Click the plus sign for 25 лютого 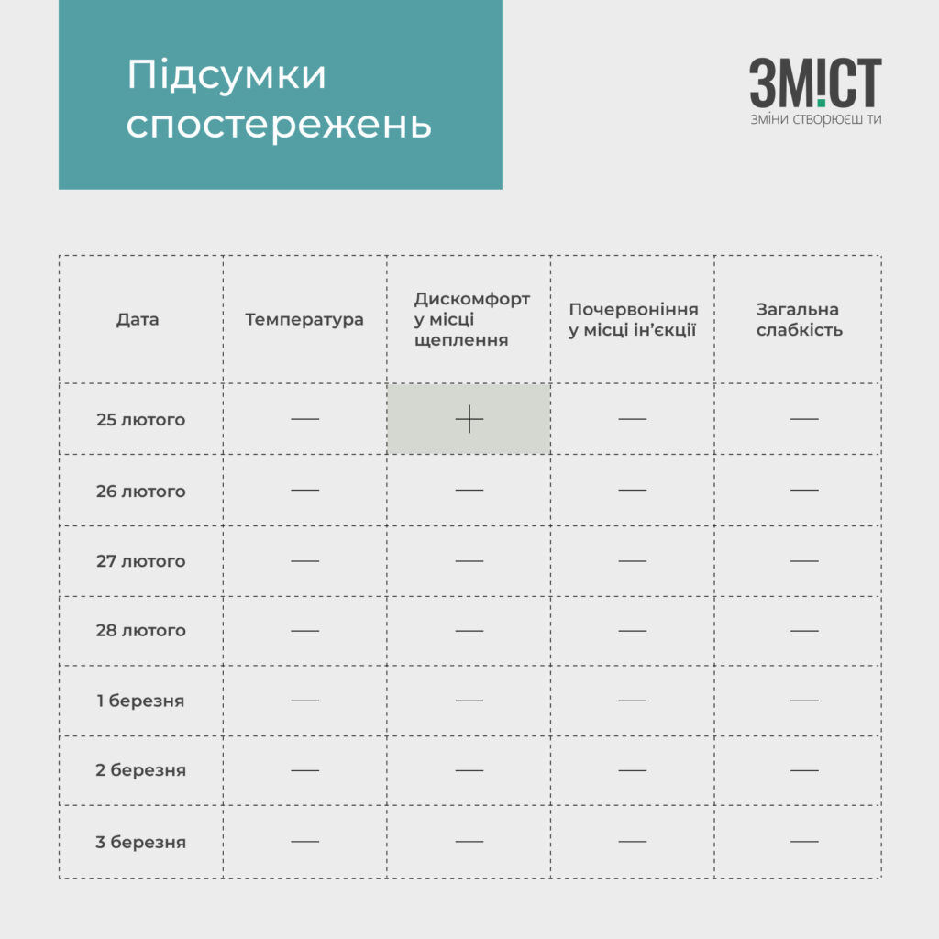point(469,419)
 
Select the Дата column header point(138,319)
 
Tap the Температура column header point(304,319)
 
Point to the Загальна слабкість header point(800,319)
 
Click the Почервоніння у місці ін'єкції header point(633,319)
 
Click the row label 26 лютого point(140,492)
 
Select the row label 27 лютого point(140,561)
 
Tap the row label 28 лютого point(140,631)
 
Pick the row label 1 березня point(140,701)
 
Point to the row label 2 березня point(140,770)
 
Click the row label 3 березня point(140,842)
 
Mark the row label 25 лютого point(140,420)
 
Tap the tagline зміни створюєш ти point(815,119)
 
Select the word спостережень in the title point(278,126)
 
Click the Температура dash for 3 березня point(304,841)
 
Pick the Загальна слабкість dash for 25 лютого point(803,419)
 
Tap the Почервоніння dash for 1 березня point(632,701)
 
